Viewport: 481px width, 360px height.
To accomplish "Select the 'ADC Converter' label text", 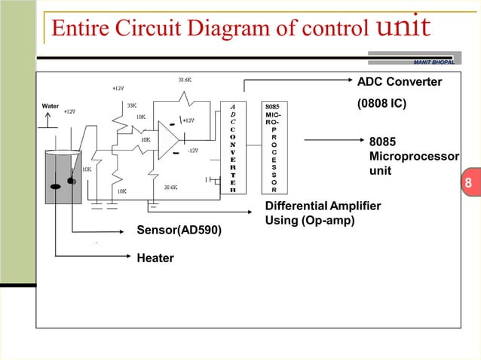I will click(399, 81).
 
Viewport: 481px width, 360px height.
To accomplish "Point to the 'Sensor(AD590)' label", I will click(179, 230).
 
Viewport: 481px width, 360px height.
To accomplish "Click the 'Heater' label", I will click(155, 258).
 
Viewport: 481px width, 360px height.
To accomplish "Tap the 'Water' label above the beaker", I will click(51, 106).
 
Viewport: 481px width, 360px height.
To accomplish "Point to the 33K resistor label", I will click(131, 106).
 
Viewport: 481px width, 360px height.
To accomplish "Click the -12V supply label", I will click(192, 151).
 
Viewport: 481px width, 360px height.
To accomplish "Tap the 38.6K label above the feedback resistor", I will click(185, 78).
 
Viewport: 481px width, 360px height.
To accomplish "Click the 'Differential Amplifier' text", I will click(323, 206).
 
